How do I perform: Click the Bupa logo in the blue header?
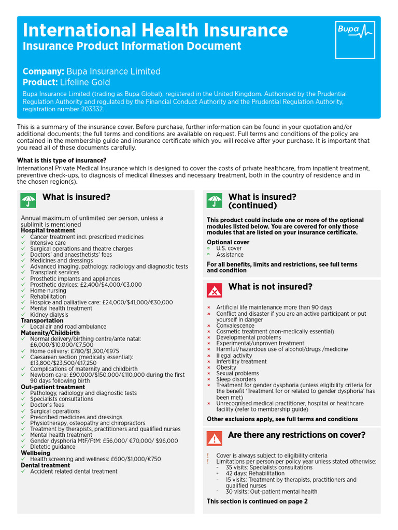coord(355,39)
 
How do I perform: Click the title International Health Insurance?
coord(155,30)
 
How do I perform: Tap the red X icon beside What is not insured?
coord(214,290)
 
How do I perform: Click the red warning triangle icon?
coord(214,438)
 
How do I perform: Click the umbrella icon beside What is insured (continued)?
coord(214,201)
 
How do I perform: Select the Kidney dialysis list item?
coord(49,315)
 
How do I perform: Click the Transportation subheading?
coord(42,320)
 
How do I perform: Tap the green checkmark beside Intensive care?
coord(23,243)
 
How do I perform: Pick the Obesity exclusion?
coord(226,367)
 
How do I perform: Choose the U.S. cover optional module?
coord(229,248)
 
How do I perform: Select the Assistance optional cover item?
coord(230,255)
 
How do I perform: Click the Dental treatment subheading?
coord(45,465)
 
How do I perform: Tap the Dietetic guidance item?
coord(52,447)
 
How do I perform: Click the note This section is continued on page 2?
coord(257,501)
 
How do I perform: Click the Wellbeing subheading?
coord(35,453)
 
